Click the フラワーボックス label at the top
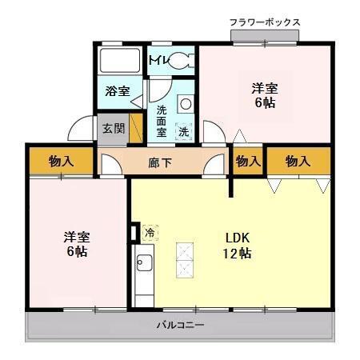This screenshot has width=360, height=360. (264, 21)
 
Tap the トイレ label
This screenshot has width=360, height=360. (157, 59)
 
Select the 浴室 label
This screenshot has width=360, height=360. (118, 90)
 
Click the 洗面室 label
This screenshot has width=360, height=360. (162, 119)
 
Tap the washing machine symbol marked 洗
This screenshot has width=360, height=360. (184, 130)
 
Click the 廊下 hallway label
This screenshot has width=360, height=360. (161, 163)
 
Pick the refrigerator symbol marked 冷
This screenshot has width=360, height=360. (150, 233)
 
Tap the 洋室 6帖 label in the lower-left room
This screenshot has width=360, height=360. (77, 244)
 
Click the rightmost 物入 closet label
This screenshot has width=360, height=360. (298, 162)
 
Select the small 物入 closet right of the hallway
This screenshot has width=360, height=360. (248, 162)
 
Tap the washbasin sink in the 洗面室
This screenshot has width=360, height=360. (185, 103)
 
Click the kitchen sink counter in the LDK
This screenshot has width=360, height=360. (144, 272)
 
